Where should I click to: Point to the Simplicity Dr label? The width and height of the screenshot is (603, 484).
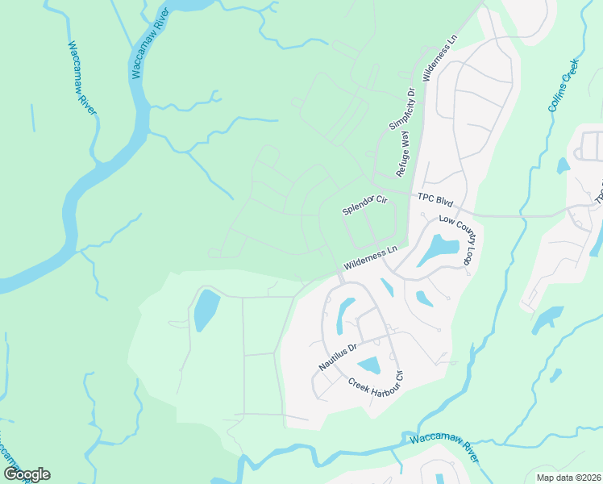(401, 109)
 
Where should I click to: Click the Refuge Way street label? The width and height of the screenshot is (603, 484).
(403, 154)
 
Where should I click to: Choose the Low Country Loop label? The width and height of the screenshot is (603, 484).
(457, 240)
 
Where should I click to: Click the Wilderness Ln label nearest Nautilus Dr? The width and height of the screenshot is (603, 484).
(371, 258)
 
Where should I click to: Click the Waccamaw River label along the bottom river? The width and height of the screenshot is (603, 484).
(444, 448)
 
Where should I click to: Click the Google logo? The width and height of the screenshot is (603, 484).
(27, 474)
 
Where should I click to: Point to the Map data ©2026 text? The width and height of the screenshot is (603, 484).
(568, 478)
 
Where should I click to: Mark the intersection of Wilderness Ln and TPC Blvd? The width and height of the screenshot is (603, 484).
(412, 196)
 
